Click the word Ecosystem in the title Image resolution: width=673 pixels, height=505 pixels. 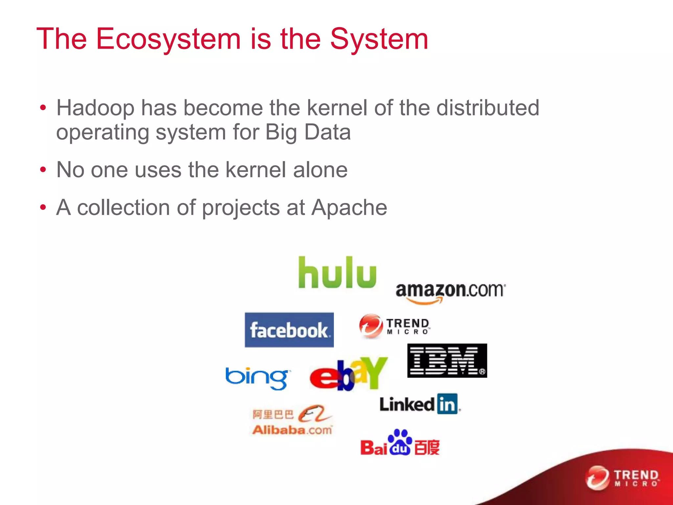click(168, 39)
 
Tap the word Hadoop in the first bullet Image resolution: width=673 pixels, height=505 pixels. click(95, 108)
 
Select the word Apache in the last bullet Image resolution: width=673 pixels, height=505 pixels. click(349, 207)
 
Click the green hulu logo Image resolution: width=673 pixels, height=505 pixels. click(337, 273)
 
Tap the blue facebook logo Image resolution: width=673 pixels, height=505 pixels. click(289, 330)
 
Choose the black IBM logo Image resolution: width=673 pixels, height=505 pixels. click(447, 360)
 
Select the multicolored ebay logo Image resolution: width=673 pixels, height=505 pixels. click(348, 373)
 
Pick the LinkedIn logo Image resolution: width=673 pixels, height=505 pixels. click(419, 404)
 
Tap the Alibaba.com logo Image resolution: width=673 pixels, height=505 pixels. click(292, 420)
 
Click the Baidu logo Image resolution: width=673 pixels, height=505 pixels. click(400, 443)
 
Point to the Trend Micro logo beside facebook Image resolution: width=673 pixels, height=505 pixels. click(394, 326)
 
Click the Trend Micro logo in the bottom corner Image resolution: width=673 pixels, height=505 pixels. click(622, 478)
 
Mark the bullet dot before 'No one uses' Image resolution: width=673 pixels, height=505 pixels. click(43, 170)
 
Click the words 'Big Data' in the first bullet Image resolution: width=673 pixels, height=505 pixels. click(308, 132)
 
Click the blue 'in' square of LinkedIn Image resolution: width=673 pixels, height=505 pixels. click(447, 404)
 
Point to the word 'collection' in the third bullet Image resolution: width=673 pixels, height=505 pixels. click(123, 207)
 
